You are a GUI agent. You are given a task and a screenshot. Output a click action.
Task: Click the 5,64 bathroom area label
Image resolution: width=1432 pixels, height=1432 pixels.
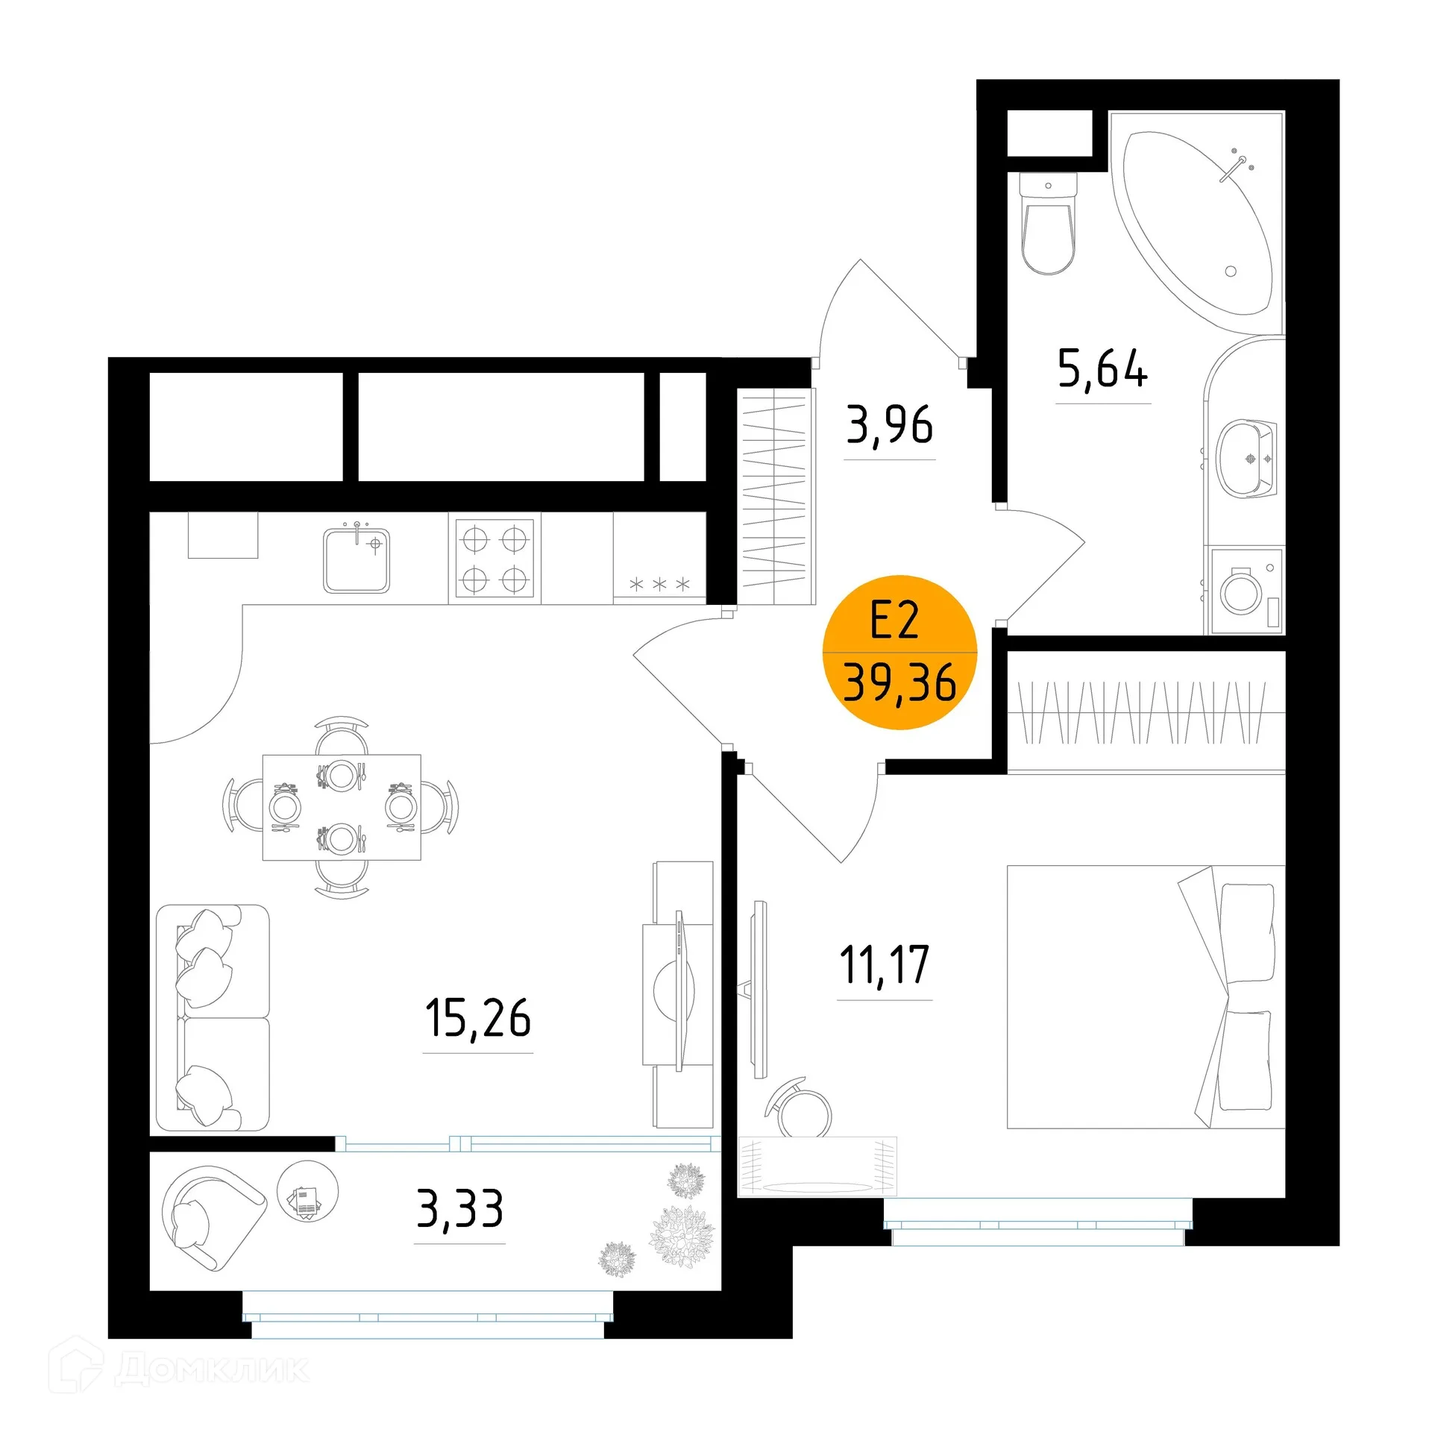(1102, 369)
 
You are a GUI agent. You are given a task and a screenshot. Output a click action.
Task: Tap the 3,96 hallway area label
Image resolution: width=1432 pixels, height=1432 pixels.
(889, 425)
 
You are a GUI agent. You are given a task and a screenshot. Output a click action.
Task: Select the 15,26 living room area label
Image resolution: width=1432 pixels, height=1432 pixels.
(478, 1018)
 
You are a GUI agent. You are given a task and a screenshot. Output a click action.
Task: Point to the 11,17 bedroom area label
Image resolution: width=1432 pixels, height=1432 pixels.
(885, 965)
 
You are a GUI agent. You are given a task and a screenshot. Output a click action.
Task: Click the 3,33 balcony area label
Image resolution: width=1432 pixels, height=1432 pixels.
(459, 1209)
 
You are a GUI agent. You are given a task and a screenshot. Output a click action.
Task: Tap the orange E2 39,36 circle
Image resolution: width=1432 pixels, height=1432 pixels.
(899, 652)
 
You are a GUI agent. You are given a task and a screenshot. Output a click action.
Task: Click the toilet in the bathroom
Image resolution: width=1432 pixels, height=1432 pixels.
(1048, 224)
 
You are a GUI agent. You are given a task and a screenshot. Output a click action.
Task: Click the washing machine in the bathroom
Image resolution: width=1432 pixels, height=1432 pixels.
(1246, 591)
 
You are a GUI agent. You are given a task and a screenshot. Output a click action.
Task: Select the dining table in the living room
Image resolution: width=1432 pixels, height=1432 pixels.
(342, 807)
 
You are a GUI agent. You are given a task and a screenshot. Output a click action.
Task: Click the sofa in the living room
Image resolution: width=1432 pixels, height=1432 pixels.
(213, 1018)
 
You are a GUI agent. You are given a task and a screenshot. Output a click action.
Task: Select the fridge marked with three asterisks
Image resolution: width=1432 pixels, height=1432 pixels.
(659, 558)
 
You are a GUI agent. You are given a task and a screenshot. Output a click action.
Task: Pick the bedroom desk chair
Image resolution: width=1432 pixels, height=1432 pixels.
(799, 1110)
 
